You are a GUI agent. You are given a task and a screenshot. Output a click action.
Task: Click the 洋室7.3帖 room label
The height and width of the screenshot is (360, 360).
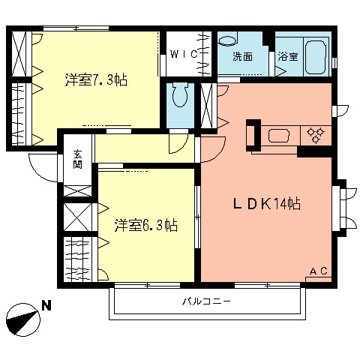click(x=95, y=79)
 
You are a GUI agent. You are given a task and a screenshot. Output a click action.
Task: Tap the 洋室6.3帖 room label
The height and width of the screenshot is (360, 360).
click(x=146, y=224)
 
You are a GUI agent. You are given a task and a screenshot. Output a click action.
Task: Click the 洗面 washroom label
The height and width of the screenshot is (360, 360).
click(x=242, y=56)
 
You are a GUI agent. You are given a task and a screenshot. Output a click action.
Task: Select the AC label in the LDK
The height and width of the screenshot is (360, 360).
click(x=318, y=271)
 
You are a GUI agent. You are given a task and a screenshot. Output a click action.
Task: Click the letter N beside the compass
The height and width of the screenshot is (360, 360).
click(x=46, y=306)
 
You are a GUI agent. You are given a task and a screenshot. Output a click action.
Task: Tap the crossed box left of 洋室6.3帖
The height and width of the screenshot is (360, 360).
click(x=78, y=216)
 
